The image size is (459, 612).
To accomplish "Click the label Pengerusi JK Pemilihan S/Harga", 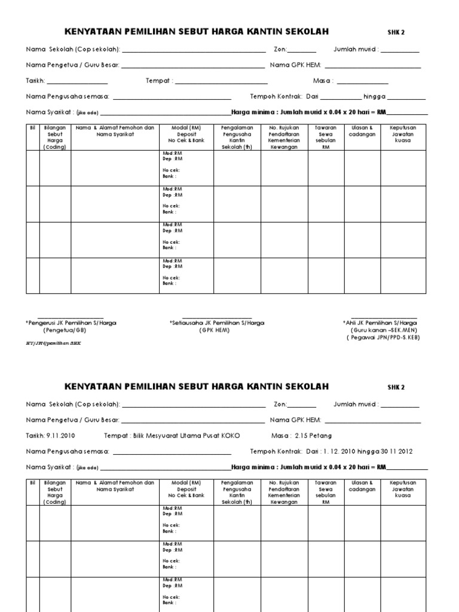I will tap(71, 323).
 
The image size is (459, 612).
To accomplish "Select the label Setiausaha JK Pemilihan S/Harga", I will tap(217, 323).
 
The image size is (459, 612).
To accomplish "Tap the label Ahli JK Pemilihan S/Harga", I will tap(380, 323).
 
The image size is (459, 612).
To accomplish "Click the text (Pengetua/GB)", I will tap(65, 330).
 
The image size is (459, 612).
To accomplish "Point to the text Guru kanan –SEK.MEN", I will tap(384, 330).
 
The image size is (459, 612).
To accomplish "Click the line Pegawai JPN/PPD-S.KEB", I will tap(383, 337).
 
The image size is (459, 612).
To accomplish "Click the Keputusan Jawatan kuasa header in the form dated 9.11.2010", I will tap(403, 489).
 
